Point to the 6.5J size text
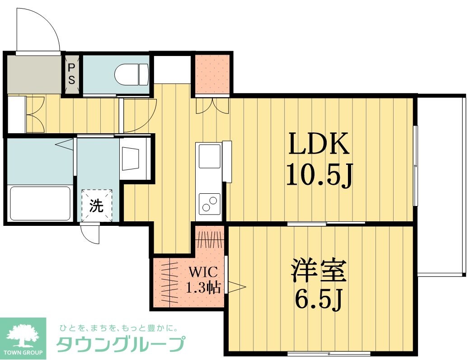[x=319, y=299]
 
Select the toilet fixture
[x=131, y=74]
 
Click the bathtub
[x=40, y=203]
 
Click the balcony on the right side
[x=440, y=185]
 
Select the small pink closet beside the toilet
[x=212, y=75]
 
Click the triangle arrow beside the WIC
[x=236, y=286]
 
